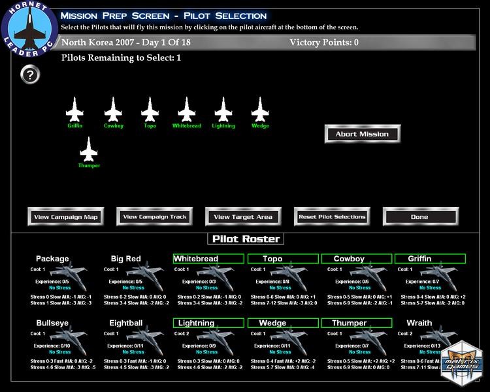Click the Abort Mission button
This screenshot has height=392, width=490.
click(x=362, y=134)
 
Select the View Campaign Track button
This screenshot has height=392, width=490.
click(x=155, y=217)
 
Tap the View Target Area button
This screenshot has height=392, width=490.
click(x=243, y=217)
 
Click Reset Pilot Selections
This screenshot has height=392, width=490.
click(x=332, y=217)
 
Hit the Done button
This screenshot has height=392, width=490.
click(x=420, y=217)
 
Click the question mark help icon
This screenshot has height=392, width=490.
click(x=30, y=74)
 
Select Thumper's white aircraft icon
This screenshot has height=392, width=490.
click(x=88, y=148)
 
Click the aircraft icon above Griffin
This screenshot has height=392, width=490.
click(x=75, y=108)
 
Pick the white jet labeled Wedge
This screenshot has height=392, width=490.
click(x=260, y=108)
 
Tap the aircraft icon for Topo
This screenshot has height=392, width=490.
click(x=150, y=108)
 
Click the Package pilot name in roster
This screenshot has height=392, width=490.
click(x=52, y=259)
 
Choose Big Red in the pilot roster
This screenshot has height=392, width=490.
click(x=125, y=259)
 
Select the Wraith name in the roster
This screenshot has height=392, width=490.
click(x=419, y=323)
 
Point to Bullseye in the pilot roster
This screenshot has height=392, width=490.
click(x=52, y=323)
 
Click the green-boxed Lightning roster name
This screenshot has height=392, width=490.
click(x=196, y=323)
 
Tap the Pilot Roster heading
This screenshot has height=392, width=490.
click(x=245, y=239)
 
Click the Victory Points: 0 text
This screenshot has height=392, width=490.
click(x=324, y=43)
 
